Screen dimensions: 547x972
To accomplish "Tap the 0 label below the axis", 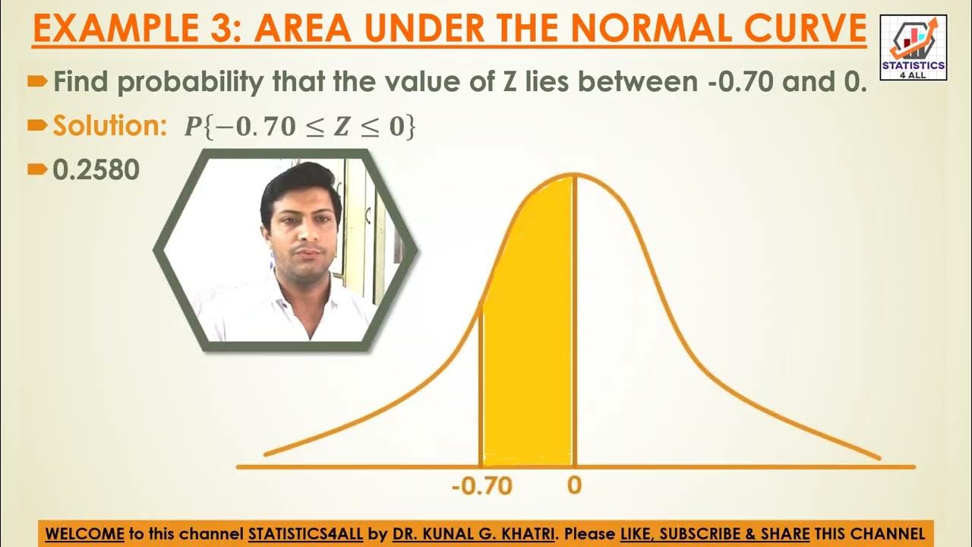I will pyautogui.click(x=574, y=485).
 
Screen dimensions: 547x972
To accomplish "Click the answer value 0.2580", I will pyautogui.click(x=96, y=170).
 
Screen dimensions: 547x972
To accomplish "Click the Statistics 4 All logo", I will pyautogui.click(x=913, y=47).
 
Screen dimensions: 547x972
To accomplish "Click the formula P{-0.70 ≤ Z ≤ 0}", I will pyautogui.click(x=301, y=127).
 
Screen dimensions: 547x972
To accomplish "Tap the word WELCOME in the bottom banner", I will pyautogui.click(x=84, y=533).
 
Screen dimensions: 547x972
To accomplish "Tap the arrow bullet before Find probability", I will pyautogui.click(x=37, y=81).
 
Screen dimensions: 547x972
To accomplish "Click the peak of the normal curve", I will pyautogui.click(x=575, y=175).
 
